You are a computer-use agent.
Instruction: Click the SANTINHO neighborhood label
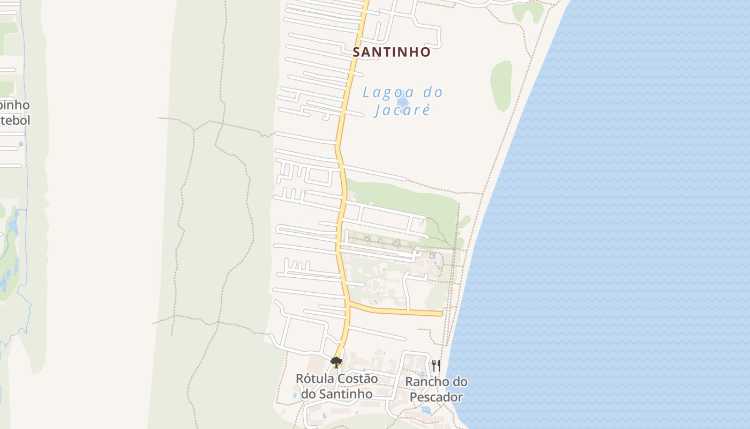pos(392,52)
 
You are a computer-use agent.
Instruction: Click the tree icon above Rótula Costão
pos(336,363)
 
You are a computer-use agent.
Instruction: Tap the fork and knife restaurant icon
pos(436,366)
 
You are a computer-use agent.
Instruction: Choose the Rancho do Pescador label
pos(436,389)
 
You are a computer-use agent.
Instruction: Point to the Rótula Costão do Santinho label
pos(336,386)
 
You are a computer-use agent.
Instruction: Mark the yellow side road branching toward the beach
pos(396,310)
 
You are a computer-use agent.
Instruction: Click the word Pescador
pos(436,397)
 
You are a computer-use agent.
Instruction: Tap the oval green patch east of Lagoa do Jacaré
pos(501,86)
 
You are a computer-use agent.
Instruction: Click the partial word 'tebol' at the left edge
pos(15,120)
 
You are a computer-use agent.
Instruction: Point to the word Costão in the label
pos(358,379)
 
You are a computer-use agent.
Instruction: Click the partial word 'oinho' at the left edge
pos(15,105)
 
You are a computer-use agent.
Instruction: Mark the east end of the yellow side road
pos(440,313)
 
